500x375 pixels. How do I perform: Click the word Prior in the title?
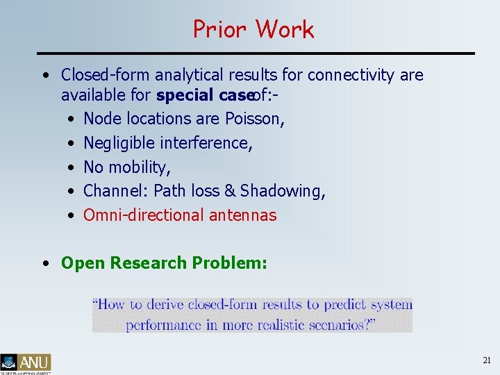pos(220,29)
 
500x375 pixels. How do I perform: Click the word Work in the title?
pos(285,29)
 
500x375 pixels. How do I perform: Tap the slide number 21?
pos(486,360)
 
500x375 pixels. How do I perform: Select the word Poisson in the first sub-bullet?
pos(254,119)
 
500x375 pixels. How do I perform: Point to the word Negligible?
pos(119,143)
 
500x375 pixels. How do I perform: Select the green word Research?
pos(148,263)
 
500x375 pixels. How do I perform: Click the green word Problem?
pos(228,263)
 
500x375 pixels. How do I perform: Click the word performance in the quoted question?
pos(162,324)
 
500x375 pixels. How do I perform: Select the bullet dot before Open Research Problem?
pos(44,264)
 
